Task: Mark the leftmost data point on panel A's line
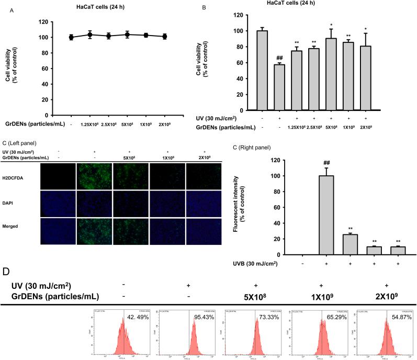pyautogui.click(x=71, y=37)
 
